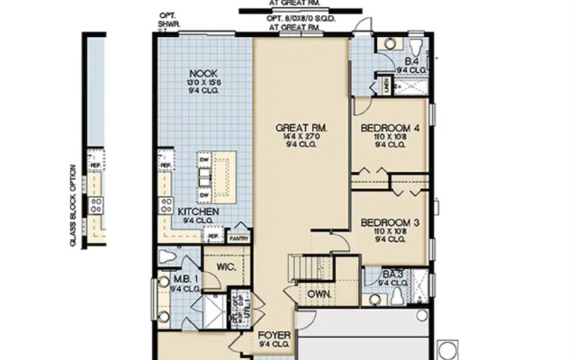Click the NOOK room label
tap(204, 74)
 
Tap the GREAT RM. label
tap(301, 129)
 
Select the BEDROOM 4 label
tap(390, 129)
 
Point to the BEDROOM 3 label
tap(390, 222)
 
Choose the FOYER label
tap(274, 335)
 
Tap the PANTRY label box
tap(239, 238)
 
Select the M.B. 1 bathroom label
tap(185, 280)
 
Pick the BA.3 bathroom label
tap(391, 274)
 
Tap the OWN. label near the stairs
tap(319, 293)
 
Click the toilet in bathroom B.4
tap(417, 44)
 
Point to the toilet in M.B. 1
tap(167, 256)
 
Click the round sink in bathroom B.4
tap(389, 42)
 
